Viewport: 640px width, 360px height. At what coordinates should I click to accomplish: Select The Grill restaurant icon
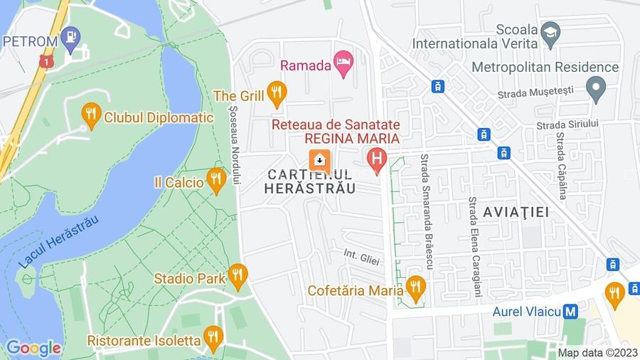276,92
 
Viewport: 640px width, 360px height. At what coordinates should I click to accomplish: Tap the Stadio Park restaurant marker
238,275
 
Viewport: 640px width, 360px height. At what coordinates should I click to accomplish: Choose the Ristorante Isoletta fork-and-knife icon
213,337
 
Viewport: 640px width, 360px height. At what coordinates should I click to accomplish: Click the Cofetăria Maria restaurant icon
416,288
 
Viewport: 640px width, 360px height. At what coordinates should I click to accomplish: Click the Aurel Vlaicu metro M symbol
570,312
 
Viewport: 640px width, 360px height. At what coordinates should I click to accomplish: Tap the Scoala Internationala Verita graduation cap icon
550,32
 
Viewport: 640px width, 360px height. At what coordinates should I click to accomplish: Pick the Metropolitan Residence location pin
595,88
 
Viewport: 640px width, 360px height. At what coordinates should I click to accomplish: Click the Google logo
33,348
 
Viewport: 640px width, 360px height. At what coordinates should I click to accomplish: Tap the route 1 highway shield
46,63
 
